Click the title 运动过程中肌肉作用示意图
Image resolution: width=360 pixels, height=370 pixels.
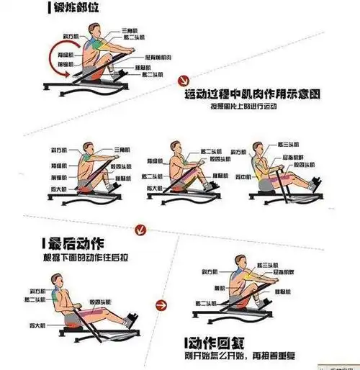click(x=252, y=95)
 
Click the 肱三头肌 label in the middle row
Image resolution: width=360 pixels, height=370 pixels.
click(x=287, y=146)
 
